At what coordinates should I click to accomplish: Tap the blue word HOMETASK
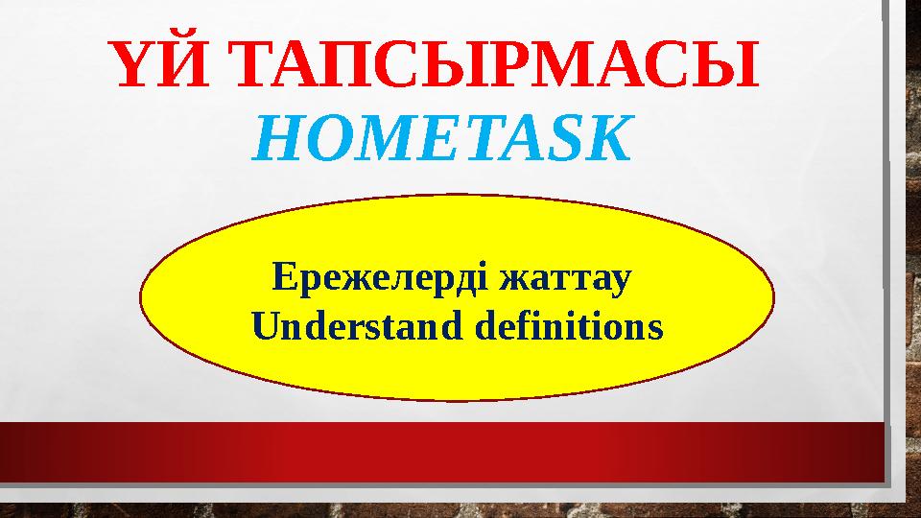443,140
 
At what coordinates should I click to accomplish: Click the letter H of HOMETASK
274,140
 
